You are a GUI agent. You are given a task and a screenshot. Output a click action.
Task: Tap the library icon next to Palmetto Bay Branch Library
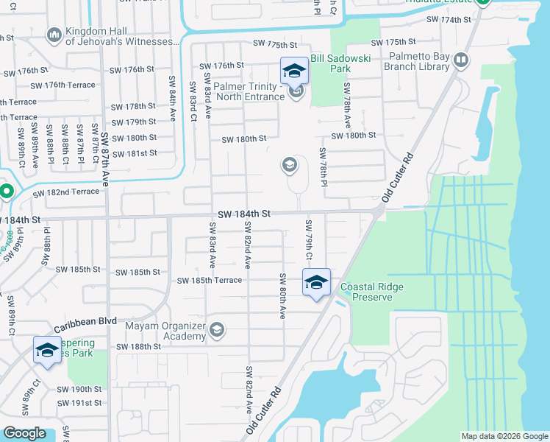pos(461,60)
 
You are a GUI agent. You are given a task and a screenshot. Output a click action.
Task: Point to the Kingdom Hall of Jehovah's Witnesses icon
pos(54,35)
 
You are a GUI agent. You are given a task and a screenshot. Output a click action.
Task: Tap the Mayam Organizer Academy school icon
pos(217,330)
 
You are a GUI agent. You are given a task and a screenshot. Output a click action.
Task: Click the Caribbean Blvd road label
pos(85,324)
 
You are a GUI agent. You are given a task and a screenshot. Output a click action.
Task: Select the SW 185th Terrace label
pos(209,281)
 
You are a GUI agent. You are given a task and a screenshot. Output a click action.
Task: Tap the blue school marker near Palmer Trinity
pos(294,71)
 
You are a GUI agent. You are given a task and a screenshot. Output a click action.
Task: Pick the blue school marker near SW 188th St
pos(47,351)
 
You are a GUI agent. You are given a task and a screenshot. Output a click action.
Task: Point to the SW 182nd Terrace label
pos(66,192)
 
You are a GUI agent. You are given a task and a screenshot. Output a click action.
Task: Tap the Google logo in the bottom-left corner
pos(25,433)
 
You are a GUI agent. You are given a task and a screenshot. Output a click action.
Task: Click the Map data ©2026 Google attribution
pos(504,436)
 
